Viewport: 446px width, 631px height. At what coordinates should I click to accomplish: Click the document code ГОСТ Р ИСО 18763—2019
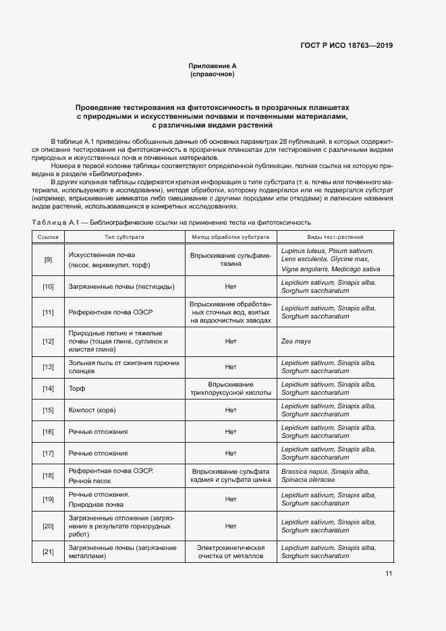346,46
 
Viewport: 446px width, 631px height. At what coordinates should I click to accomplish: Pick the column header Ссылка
48,237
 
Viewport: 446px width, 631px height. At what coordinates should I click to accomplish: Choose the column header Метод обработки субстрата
230,237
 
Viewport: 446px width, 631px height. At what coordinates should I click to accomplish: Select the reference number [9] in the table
48,260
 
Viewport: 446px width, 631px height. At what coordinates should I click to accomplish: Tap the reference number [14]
48,388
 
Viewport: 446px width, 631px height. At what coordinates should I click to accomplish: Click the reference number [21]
48,553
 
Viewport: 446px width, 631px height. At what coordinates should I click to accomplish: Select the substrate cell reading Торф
76,389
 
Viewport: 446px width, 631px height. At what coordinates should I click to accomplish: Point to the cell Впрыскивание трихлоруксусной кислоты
230,388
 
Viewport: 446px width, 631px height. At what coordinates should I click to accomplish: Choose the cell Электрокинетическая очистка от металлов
230,552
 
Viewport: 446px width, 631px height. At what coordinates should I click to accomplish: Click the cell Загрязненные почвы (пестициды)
121,287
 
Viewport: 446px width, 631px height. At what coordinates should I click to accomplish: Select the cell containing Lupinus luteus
327,259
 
